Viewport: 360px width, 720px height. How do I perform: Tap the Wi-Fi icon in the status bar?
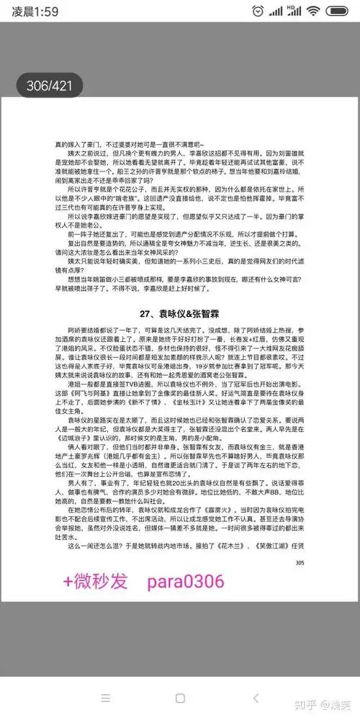click(312, 12)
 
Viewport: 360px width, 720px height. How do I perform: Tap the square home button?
click(180, 698)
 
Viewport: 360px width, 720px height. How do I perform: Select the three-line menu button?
click(105, 698)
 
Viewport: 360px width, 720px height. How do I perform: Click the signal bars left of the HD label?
click(276, 12)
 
